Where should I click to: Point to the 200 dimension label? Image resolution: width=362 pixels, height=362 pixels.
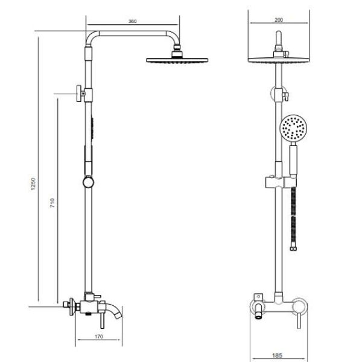pyautogui.click(x=278, y=20)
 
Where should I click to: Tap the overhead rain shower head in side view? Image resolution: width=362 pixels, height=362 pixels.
pyautogui.click(x=177, y=60)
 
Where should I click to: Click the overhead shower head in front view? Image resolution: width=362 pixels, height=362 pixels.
pyautogui.click(x=278, y=59)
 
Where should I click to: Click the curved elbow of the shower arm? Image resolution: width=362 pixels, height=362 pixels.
pyautogui.click(x=91, y=37)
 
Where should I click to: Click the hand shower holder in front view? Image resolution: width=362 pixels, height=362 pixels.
pyautogui.click(x=281, y=180)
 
